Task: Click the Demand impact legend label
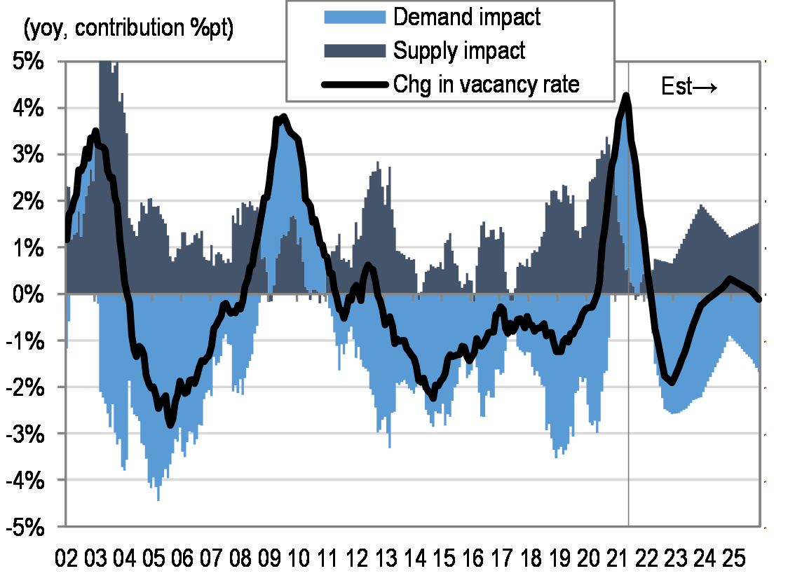467,17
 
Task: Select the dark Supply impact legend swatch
355,50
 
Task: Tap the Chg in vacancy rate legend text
486,85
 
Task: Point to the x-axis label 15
442,560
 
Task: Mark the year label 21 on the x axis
616,560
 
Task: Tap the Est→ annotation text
689,87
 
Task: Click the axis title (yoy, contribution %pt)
129,29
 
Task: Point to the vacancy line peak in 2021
625,95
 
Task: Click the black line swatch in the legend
355,85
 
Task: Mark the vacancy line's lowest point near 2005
170,424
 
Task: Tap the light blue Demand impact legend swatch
355,17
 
